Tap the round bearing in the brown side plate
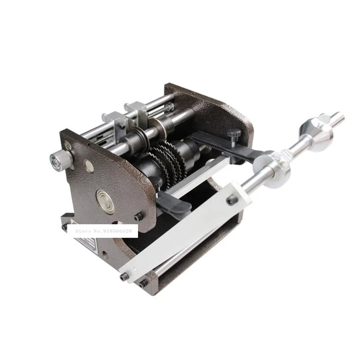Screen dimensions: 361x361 [x=104, y=198]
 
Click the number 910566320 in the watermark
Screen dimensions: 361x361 [x=120, y=231]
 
